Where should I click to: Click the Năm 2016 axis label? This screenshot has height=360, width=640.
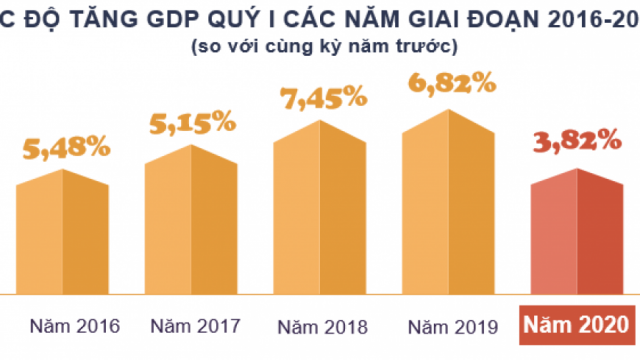(74, 326)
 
